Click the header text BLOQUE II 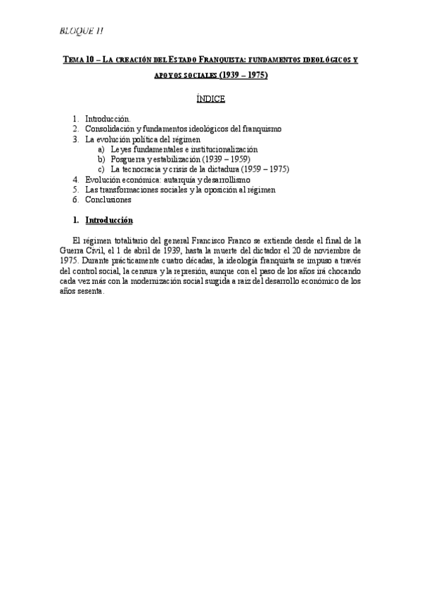coord(83,30)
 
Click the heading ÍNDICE coord(210,99)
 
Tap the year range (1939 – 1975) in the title coord(243,74)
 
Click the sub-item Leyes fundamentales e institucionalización coord(184,149)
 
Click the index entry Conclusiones coord(108,199)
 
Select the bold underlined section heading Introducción coord(113,219)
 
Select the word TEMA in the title coord(73,60)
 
